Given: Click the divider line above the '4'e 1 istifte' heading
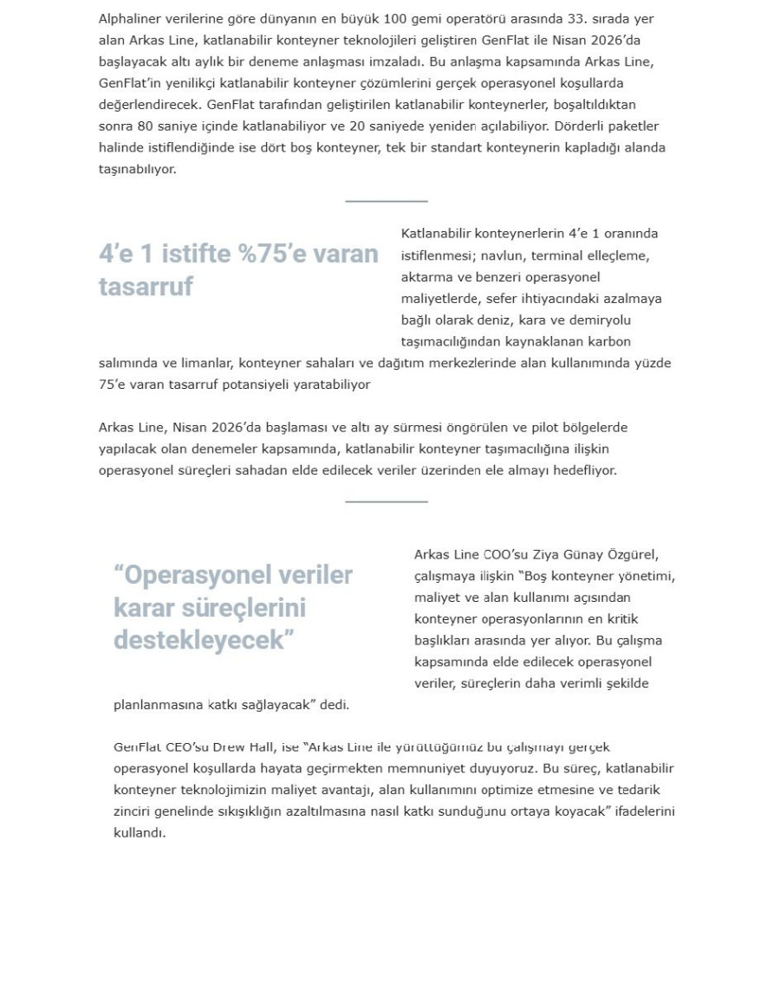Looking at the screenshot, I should coord(387,201).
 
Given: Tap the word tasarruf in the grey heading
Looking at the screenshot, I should coord(146,287).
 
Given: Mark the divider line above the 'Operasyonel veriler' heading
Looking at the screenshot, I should coord(387,501).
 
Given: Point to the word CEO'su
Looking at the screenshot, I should coord(179,747).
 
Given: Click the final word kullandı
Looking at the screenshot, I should coord(139,833).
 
